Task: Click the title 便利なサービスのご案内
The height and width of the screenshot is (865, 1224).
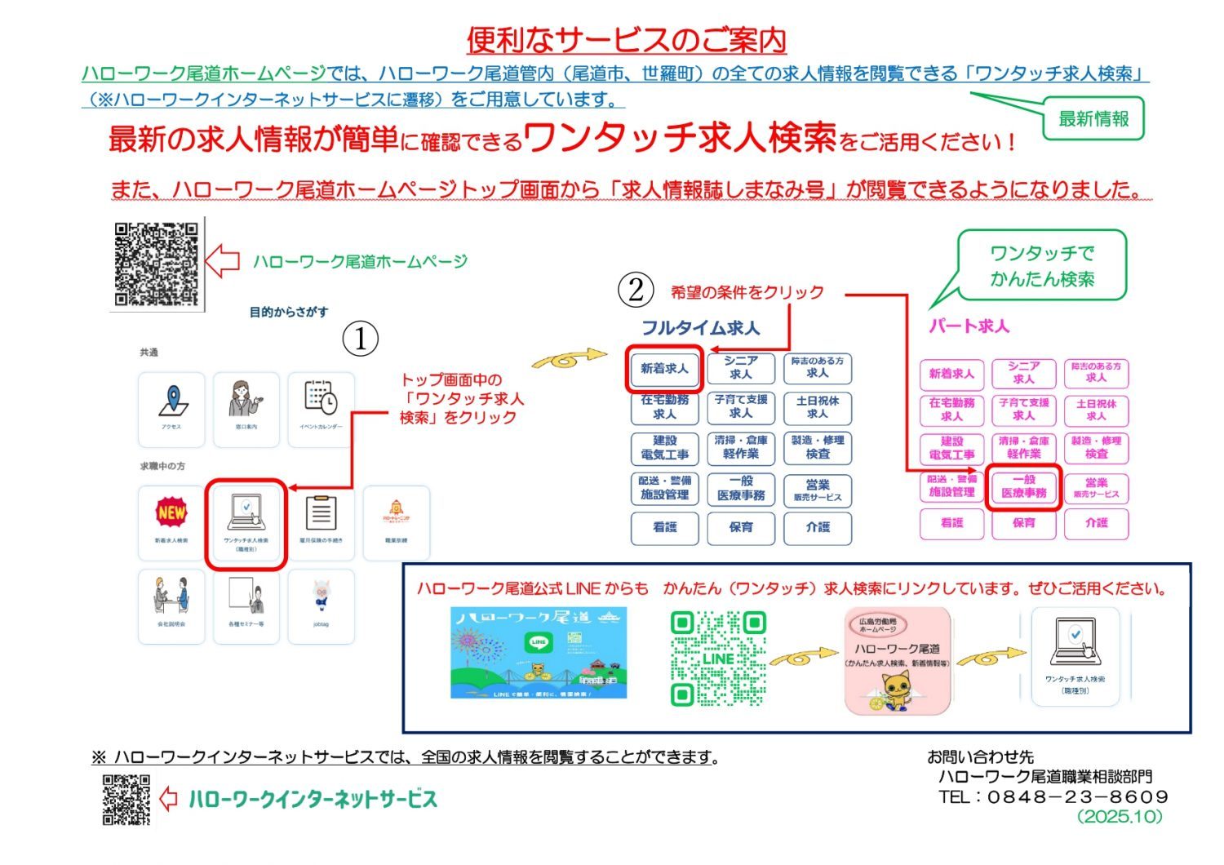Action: point(626,39)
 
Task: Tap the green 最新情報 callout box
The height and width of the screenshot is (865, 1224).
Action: point(1093,119)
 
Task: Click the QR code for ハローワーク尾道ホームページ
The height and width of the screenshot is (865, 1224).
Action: point(156,264)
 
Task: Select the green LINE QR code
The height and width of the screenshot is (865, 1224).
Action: point(718,658)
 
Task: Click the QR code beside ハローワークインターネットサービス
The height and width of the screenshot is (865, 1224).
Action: point(126,800)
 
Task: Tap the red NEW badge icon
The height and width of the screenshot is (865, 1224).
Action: point(171,513)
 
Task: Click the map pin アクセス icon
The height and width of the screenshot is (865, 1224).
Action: point(171,402)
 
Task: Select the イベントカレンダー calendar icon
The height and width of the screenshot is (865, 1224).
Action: point(321,400)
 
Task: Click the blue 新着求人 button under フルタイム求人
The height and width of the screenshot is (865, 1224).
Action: point(664,369)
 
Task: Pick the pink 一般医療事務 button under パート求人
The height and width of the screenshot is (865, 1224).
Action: point(1023,486)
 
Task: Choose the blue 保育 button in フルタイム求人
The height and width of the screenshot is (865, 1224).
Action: point(741,527)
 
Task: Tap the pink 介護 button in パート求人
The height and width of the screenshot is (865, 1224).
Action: point(1096,523)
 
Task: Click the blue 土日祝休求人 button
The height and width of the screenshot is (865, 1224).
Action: point(817,407)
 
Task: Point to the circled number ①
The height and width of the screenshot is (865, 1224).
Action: point(360,338)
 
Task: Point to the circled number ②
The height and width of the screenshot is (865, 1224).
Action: point(635,290)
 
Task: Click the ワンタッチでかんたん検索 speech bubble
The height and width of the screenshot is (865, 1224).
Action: point(1042,266)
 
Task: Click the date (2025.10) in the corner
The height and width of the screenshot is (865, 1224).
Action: point(1120,816)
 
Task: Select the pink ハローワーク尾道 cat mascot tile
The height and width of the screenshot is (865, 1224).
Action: point(897,660)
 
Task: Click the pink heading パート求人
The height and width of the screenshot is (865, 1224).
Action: point(969,326)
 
